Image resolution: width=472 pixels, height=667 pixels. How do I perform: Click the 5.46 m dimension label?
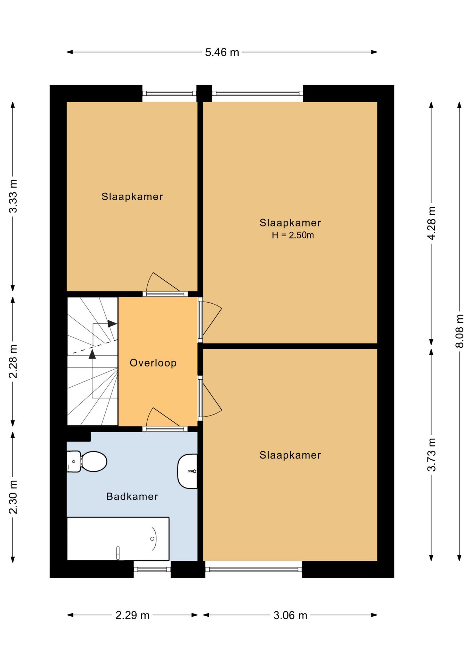click(222, 52)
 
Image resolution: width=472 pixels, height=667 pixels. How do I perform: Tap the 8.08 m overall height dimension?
click(459, 331)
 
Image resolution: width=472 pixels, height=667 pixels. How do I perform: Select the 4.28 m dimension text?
click(431, 223)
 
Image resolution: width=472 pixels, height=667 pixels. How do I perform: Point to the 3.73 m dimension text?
click(431, 454)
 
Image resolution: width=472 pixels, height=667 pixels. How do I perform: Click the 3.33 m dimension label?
click(13, 196)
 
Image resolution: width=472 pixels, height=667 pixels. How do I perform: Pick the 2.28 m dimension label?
click(13, 361)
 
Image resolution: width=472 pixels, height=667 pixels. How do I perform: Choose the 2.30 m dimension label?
click(13, 497)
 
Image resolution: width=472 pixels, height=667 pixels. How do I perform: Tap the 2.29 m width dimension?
click(132, 616)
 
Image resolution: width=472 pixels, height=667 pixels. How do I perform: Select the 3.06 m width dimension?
click(290, 616)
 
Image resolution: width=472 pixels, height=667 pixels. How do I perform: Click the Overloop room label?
click(153, 363)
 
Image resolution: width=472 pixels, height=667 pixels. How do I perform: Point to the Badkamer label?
click(132, 496)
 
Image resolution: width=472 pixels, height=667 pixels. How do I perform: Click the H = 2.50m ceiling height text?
click(293, 235)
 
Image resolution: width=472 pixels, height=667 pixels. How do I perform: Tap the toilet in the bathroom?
click(87, 461)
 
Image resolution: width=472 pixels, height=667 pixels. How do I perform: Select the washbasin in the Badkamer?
click(188, 471)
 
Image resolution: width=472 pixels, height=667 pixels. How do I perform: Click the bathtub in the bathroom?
click(118, 538)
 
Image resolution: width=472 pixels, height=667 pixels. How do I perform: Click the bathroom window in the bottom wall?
click(152, 569)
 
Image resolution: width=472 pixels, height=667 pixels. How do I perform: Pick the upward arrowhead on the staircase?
click(92, 354)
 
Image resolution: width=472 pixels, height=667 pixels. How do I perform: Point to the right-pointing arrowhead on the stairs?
click(112, 324)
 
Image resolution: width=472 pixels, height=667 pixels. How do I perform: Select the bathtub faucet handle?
click(118, 553)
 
